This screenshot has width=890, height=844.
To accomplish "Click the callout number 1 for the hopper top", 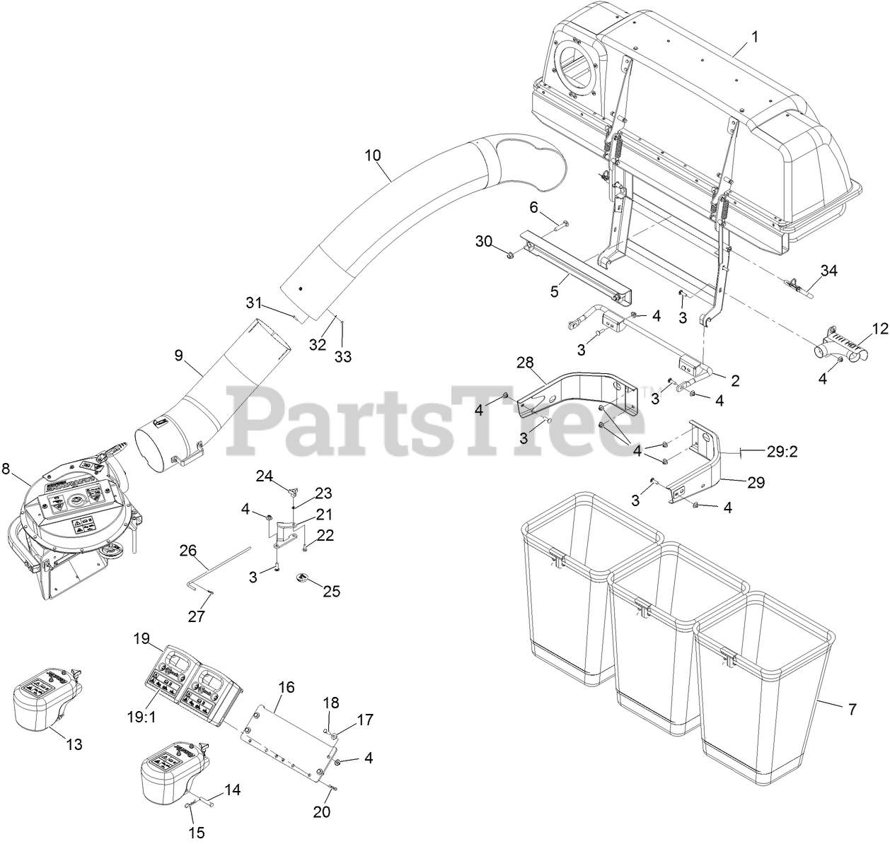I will [754, 37].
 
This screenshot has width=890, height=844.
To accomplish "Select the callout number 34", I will [828, 270].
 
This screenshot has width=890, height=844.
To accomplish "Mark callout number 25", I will [332, 591].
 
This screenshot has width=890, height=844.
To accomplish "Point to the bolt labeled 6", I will [556, 226].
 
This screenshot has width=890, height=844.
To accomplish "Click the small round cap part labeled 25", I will [303, 578].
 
